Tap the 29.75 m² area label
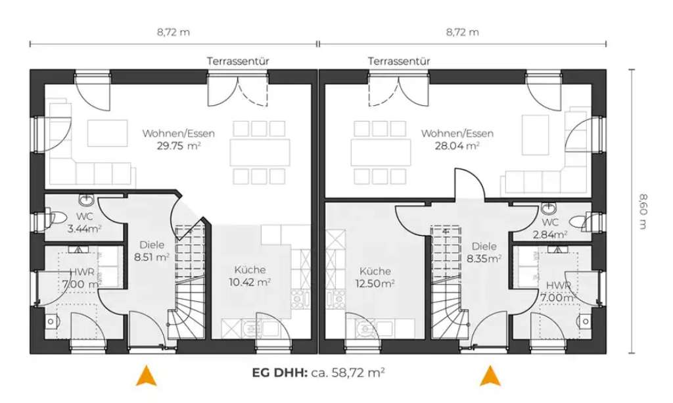point(179,146)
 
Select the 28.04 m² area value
point(457,146)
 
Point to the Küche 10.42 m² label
point(250,277)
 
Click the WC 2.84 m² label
point(551,228)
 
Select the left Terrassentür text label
point(238,60)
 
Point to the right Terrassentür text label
point(399,60)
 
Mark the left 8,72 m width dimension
point(173,32)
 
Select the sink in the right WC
point(549,209)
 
